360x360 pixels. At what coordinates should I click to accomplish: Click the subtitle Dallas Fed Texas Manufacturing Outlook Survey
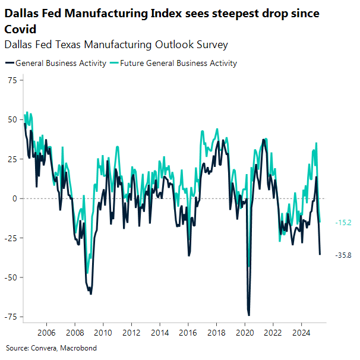[x=116, y=45]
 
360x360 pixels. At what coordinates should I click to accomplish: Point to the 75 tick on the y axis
[x=12, y=80]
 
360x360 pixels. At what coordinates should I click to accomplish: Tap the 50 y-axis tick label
[x=12, y=119]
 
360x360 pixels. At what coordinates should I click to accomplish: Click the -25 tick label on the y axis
[x=10, y=238]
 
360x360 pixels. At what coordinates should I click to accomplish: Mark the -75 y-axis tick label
[x=10, y=317]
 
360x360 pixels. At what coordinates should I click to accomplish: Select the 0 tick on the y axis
[x=14, y=198]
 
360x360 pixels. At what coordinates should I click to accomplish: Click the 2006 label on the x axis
[x=46, y=333]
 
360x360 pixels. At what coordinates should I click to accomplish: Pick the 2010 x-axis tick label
[x=103, y=333]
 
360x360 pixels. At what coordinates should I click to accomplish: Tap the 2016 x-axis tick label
[x=188, y=333]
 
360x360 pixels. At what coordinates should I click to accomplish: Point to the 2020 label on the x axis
[x=245, y=333]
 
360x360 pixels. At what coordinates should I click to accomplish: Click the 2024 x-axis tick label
[x=301, y=333]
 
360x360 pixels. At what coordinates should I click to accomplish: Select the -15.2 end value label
[x=343, y=223]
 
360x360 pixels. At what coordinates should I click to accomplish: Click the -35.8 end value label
[x=343, y=255]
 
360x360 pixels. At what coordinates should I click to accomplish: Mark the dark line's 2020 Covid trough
[x=249, y=315]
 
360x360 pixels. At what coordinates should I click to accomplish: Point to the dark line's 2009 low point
[x=91, y=293]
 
